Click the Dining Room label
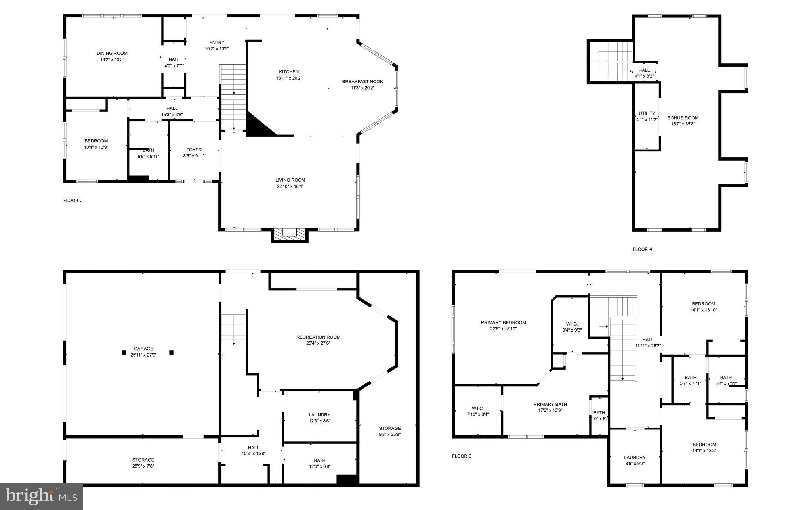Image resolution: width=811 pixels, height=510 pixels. [112, 54]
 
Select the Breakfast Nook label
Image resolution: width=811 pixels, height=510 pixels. [363, 82]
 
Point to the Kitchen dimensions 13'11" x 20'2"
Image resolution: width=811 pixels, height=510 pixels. [289, 79]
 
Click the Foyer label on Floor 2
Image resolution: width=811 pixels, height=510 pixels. [194, 150]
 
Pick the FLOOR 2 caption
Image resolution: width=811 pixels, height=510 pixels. [73, 201]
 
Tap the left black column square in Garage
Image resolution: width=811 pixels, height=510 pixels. [124, 352]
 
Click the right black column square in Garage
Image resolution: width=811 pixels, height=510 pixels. [172, 352]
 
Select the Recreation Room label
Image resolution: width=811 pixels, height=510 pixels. [318, 337]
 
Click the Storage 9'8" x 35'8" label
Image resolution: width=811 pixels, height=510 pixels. [389, 431]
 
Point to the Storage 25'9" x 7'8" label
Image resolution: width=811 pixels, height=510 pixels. [143, 463]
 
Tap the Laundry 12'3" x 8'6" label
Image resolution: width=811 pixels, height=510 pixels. [319, 418]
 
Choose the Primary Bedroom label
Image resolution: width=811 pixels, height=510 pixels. [503, 322]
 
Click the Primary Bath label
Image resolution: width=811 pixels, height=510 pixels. [550, 404]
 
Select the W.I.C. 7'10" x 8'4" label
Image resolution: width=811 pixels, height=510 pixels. [477, 411]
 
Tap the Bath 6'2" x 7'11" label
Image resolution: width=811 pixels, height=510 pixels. [726, 380]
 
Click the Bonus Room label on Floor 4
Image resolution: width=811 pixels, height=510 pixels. [683, 118]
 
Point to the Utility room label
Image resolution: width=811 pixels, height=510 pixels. [647, 113]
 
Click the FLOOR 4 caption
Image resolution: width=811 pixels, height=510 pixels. [642, 249]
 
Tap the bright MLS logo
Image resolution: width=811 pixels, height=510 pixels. [41, 496]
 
